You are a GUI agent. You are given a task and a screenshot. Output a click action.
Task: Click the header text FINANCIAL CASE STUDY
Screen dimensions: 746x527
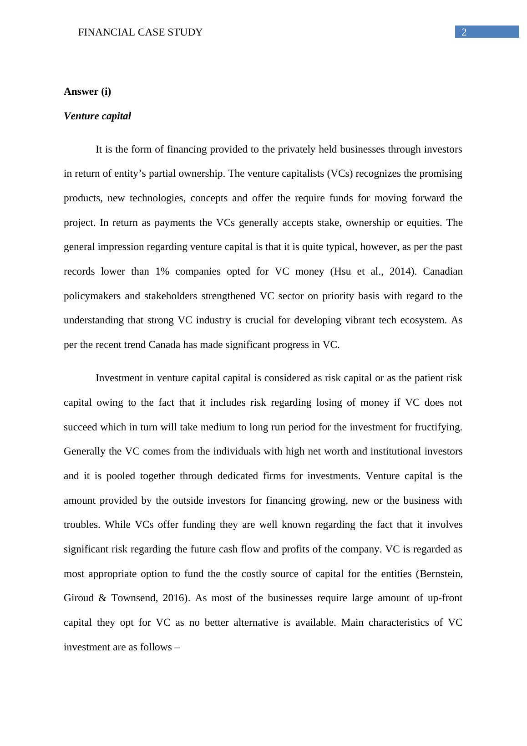pyautogui.click(x=140, y=32)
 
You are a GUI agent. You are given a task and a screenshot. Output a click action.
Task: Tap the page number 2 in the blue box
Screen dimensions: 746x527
pyautogui.click(x=464, y=32)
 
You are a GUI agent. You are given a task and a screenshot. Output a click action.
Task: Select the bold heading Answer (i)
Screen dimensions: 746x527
pyautogui.click(x=87, y=92)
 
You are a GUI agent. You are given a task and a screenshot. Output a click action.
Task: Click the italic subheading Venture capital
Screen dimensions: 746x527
pyautogui.click(x=97, y=116)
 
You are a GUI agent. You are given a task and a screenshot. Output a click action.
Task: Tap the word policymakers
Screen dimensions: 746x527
pyautogui.click(x=92, y=296)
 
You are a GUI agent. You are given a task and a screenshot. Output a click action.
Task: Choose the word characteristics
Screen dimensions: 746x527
pyautogui.click(x=399, y=623)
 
